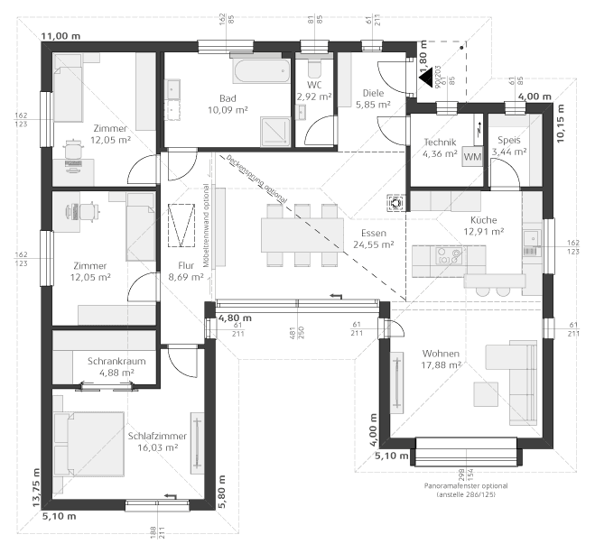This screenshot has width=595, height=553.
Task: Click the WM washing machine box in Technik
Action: (472, 157)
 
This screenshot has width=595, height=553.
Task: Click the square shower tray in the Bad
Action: (274, 130)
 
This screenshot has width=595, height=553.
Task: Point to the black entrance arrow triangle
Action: (425, 79)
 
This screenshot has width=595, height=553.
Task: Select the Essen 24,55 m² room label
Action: (374, 238)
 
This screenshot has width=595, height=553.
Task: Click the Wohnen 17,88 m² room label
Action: (441, 358)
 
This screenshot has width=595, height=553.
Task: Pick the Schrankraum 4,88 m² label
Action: (111, 366)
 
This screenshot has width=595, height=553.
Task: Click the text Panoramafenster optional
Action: (466, 486)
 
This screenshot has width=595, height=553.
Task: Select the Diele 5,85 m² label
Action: (372, 98)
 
